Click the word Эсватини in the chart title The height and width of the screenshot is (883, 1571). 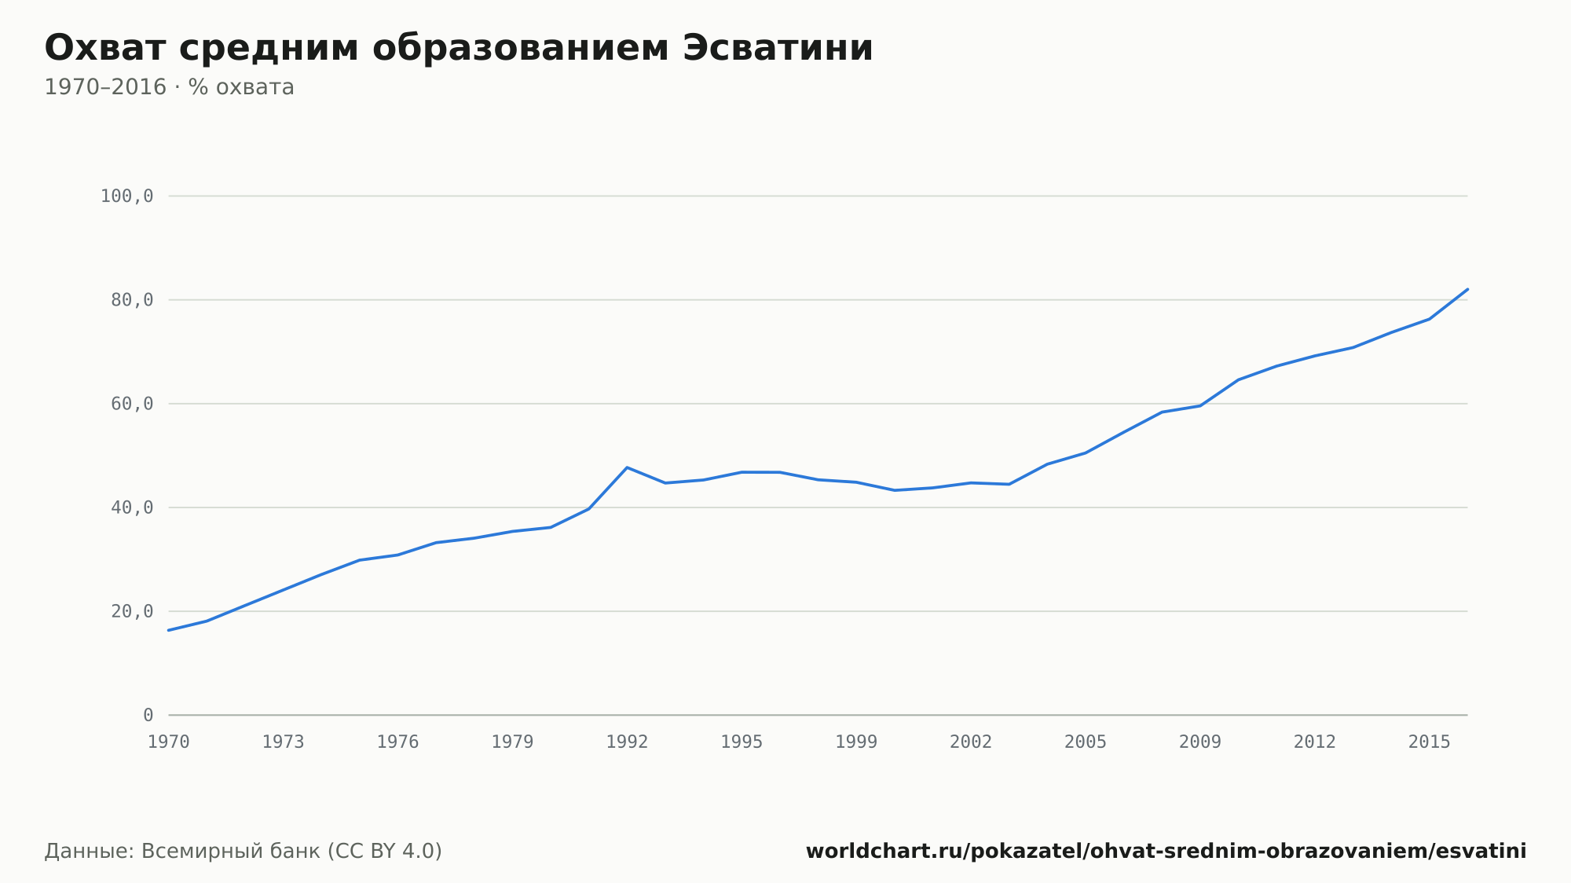click(778, 48)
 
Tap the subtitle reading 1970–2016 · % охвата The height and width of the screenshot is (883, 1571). click(169, 87)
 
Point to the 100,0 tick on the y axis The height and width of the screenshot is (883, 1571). click(126, 196)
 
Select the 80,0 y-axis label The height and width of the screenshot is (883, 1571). click(132, 300)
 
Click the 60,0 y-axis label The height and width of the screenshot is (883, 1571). click(132, 404)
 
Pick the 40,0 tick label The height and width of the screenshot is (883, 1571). click(132, 507)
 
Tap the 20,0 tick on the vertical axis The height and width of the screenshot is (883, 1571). click(132, 611)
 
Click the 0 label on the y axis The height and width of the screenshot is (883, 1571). click(148, 715)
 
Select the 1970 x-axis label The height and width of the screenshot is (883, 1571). click(169, 742)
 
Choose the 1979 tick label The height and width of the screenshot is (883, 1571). click(512, 742)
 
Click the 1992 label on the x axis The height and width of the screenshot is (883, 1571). click(627, 742)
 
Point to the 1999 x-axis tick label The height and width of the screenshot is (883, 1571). click(856, 742)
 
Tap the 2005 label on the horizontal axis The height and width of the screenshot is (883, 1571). click(1086, 742)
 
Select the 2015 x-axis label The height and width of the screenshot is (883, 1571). click(1430, 742)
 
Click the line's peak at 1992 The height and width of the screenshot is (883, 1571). click(627, 467)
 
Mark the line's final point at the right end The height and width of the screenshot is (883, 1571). click(1467, 289)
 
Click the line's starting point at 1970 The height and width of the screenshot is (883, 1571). click(169, 630)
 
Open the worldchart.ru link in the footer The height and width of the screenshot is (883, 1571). click(1166, 852)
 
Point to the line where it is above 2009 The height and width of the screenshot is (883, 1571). click(1200, 405)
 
